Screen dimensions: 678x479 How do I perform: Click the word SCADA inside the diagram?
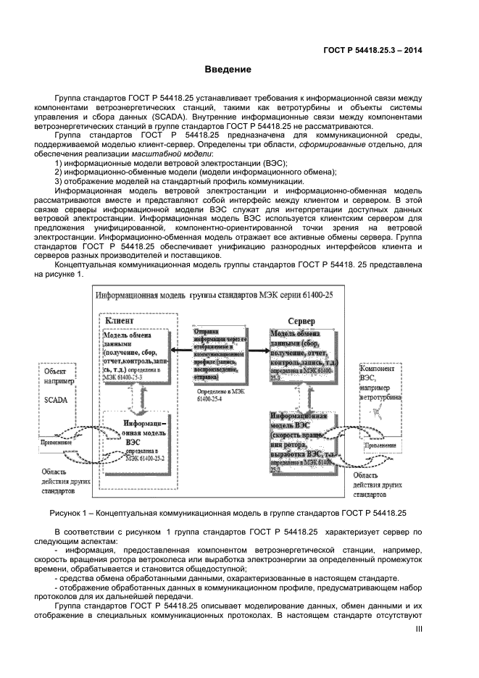click(56, 400)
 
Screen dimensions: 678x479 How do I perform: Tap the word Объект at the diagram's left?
click(55, 369)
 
